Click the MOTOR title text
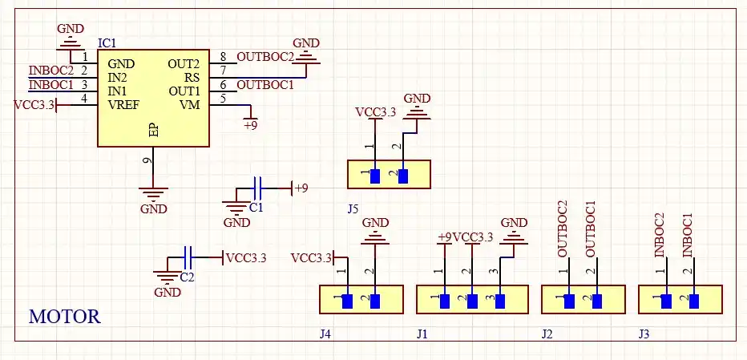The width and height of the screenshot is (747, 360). [65, 317]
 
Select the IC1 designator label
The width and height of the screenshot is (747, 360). [107, 42]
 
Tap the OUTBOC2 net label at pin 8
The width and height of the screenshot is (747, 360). [265, 57]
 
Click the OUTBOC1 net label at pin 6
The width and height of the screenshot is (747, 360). [265, 83]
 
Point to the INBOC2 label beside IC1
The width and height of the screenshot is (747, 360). [50, 71]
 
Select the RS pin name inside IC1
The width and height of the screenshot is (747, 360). [192, 77]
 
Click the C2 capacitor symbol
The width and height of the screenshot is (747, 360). [188, 257]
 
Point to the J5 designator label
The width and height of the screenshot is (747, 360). [353, 208]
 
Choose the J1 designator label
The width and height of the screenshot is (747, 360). [422, 334]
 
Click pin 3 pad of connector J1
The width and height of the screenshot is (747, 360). [501, 301]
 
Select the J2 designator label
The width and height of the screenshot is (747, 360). [547, 334]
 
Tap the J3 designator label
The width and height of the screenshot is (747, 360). [644, 334]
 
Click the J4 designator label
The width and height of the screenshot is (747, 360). [325, 334]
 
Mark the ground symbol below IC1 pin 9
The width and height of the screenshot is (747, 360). [153, 195]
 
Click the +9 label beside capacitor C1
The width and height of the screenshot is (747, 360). [301, 188]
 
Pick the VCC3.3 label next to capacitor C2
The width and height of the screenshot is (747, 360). [246, 258]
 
